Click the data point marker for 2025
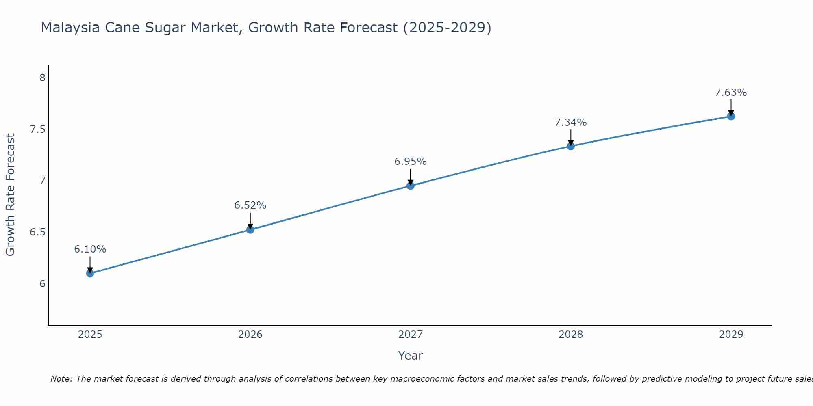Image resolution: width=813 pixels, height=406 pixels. click(x=90, y=273)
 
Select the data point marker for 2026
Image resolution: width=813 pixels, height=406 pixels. click(x=250, y=230)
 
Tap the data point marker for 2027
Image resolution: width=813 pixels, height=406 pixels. click(x=410, y=186)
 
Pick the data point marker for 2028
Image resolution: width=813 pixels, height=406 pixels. click(x=570, y=146)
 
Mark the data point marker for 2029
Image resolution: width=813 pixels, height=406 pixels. click(x=730, y=117)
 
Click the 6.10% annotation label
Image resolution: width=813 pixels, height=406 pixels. click(x=90, y=249)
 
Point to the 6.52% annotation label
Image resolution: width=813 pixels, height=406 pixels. click(x=250, y=205)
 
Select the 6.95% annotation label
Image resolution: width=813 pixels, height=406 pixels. click(x=410, y=162)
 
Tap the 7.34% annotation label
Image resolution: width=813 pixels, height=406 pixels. click(x=570, y=123)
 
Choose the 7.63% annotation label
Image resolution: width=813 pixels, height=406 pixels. click(x=730, y=93)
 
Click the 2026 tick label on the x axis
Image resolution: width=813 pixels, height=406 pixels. click(x=250, y=335)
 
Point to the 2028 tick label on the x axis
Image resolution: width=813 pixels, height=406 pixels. click(x=570, y=335)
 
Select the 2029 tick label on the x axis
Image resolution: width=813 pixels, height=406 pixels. click(x=730, y=335)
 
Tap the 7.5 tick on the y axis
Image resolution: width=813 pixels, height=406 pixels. click(x=37, y=130)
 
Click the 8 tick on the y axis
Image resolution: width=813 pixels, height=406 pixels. click(x=42, y=78)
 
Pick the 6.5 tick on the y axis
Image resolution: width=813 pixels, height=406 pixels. click(x=37, y=232)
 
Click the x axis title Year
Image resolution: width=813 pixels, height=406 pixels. click(x=410, y=356)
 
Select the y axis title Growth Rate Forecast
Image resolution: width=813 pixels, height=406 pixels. click(x=10, y=194)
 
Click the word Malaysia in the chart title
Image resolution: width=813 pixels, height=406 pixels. click(x=70, y=28)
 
